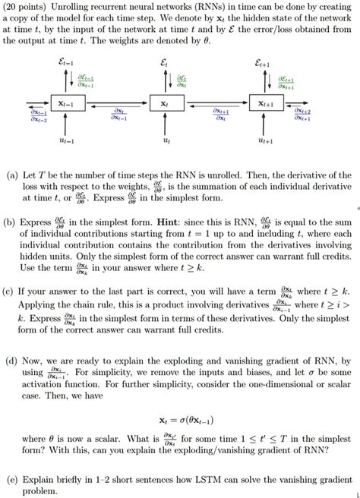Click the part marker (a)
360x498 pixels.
pyautogui.click(x=13, y=175)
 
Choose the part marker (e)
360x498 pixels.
pyautogui.click(x=13, y=480)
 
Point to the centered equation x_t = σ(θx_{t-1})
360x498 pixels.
pyautogui.click(x=179, y=417)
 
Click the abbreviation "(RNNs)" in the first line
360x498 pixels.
pyautogui.click(x=218, y=6)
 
